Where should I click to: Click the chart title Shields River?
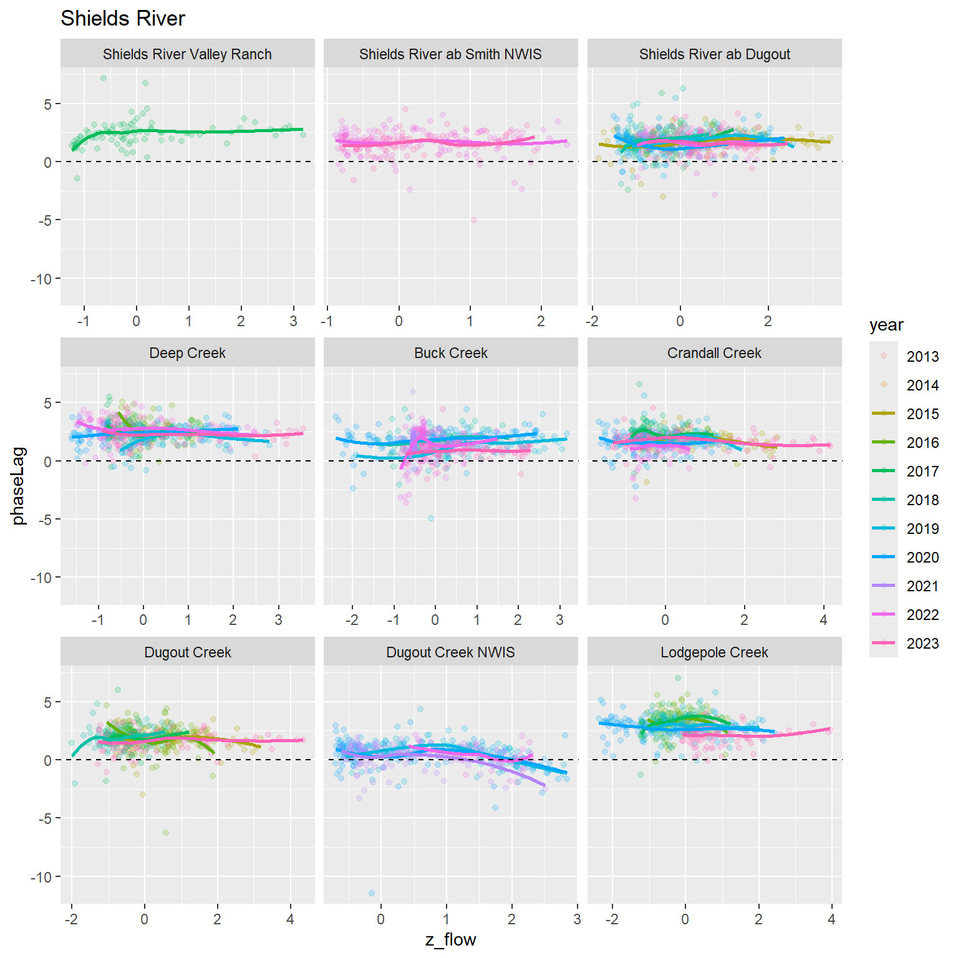[123, 19]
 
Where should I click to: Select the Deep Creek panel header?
[187, 353]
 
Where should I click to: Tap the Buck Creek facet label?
[450, 353]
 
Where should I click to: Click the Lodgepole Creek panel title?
[714, 652]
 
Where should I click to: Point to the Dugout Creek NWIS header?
[450, 652]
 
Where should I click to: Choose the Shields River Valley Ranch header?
[187, 54]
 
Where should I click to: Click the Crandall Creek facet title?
[714, 353]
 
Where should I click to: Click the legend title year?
[886, 325]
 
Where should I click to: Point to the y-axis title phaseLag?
[19, 486]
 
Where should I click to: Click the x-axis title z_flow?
[450, 940]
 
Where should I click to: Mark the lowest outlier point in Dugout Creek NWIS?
[372, 893]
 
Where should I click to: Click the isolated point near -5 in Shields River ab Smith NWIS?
[473, 220]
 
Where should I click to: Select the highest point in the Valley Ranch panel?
[104, 78]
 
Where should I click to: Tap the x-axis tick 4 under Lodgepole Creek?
[831, 919]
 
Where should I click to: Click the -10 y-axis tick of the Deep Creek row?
[42, 578]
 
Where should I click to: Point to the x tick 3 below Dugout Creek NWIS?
[577, 919]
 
